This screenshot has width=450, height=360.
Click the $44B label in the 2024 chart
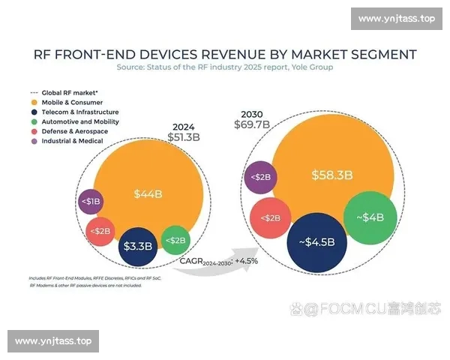pos(148,194)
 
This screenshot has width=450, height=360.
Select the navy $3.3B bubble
pos(139,245)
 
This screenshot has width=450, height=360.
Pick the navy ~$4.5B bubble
pos(316,241)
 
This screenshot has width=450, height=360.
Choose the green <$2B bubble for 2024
pos(176,240)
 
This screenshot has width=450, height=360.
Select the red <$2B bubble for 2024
pos(101,231)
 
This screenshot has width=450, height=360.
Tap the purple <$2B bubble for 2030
pos(259,178)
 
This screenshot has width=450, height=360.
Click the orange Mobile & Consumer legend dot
pos(34,101)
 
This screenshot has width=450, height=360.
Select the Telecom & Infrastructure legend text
pos(80,112)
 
